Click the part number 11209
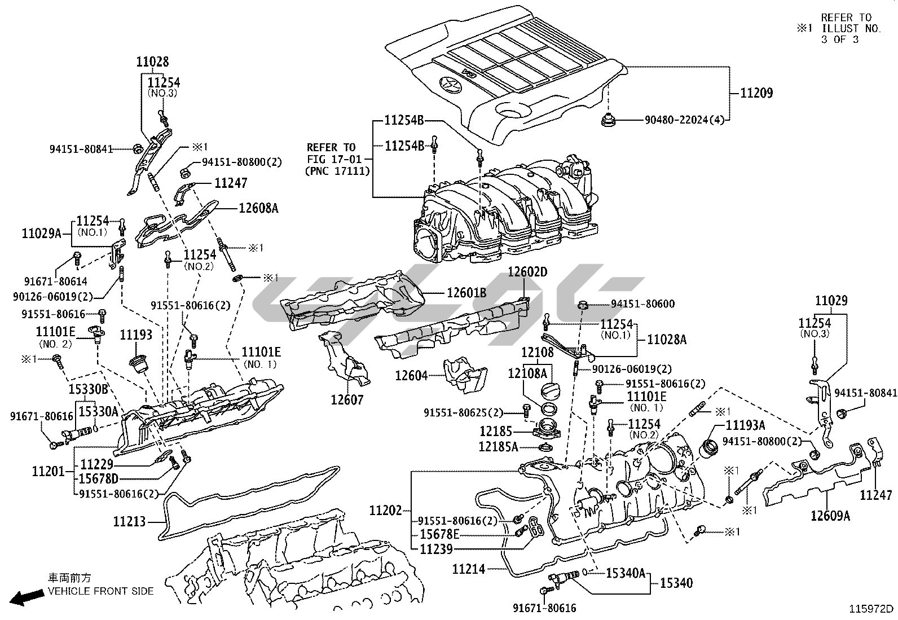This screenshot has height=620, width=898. pyautogui.click(x=756, y=93)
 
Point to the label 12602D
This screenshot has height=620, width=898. pyautogui.click(x=527, y=271)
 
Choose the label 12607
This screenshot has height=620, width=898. pyautogui.click(x=347, y=399)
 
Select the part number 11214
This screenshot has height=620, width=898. pyautogui.click(x=468, y=569)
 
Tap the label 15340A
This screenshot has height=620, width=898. pyautogui.click(x=625, y=573)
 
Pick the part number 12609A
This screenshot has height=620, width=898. pyautogui.click(x=830, y=515)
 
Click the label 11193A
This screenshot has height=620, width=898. pyautogui.click(x=745, y=425)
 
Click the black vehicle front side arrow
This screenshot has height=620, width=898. pyautogui.click(x=27, y=597)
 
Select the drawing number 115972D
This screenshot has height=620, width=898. pyautogui.click(x=872, y=609)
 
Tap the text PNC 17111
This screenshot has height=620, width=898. pyautogui.click(x=337, y=170)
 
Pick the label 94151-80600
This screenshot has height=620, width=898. pyautogui.click(x=642, y=304)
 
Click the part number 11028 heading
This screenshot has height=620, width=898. pyautogui.click(x=152, y=61)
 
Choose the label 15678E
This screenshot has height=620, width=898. pyautogui.click(x=439, y=534)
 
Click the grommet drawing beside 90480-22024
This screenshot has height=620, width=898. pyautogui.click(x=609, y=119)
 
